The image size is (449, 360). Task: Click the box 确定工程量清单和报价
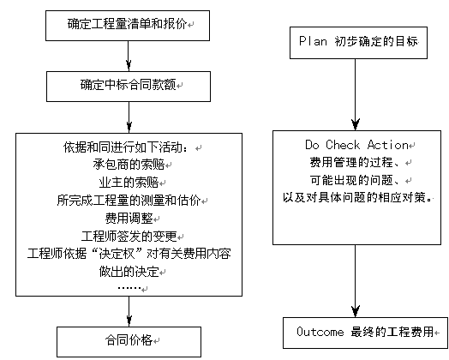tap(128, 26)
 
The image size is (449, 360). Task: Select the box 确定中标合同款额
tap(129, 87)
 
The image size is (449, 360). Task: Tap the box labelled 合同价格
tap(129, 342)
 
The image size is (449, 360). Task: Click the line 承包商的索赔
tap(129, 165)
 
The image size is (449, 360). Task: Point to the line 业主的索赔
tap(129, 183)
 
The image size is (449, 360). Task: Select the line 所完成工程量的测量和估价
tap(129, 201)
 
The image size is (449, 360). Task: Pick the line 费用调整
tap(129, 218)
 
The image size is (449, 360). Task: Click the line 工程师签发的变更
tap(129, 236)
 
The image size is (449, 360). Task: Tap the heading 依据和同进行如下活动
tap(126, 147)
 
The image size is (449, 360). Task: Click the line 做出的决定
tap(129, 271)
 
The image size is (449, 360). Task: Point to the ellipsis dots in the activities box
tap(129, 287)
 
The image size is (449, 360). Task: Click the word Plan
tap(313, 41)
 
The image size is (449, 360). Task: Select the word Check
tap(343, 145)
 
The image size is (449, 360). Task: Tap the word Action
tap(387, 145)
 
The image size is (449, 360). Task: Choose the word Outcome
tap(320, 332)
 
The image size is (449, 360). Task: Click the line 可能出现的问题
tap(355, 180)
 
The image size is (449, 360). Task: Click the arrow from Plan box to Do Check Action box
tap(356, 94)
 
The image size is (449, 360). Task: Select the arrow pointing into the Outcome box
tap(356, 281)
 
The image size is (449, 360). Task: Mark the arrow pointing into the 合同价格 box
tap(129, 311)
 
